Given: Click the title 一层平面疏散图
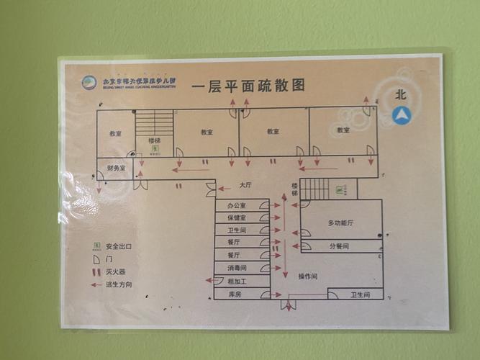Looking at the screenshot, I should coord(248,86).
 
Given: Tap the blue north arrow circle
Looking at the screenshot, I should coord(401,114).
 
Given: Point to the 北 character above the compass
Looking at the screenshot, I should coord(401,94).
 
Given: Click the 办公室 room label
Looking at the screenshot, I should coord(237,206).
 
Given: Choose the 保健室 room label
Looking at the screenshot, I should coord(237,217).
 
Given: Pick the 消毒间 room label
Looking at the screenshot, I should coord(237,268).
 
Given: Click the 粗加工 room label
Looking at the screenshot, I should coord(237,281).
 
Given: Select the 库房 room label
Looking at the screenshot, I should coord(235,294).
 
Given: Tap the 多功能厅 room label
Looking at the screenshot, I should coord(340,223).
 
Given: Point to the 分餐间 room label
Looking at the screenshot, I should coord(339,246).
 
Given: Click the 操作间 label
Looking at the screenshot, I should coord(308,276).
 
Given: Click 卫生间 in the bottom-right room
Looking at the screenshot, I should coord(360,295).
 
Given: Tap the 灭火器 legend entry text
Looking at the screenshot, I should coord(116,271).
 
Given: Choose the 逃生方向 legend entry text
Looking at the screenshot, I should coord(119,284).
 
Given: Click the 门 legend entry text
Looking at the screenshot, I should coord(109,258).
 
